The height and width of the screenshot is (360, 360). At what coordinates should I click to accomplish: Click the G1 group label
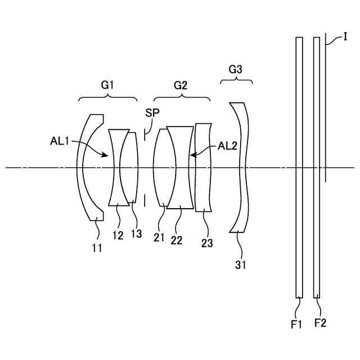click(107, 85)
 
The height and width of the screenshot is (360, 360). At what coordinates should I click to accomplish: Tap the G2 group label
click(181, 85)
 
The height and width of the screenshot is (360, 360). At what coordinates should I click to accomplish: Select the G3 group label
click(236, 70)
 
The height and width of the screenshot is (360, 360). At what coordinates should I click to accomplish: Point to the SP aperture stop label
click(152, 113)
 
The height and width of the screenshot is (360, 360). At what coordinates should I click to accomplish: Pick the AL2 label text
click(227, 146)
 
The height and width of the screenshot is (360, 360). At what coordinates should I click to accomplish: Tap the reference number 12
click(117, 236)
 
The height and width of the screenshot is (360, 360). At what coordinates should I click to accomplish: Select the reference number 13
click(136, 233)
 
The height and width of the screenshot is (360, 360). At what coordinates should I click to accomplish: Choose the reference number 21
click(159, 237)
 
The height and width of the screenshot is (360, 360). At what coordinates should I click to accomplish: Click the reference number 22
click(177, 240)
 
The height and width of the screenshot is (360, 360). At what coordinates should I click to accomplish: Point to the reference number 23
click(207, 243)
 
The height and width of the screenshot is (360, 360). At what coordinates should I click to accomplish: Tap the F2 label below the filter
click(320, 323)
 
